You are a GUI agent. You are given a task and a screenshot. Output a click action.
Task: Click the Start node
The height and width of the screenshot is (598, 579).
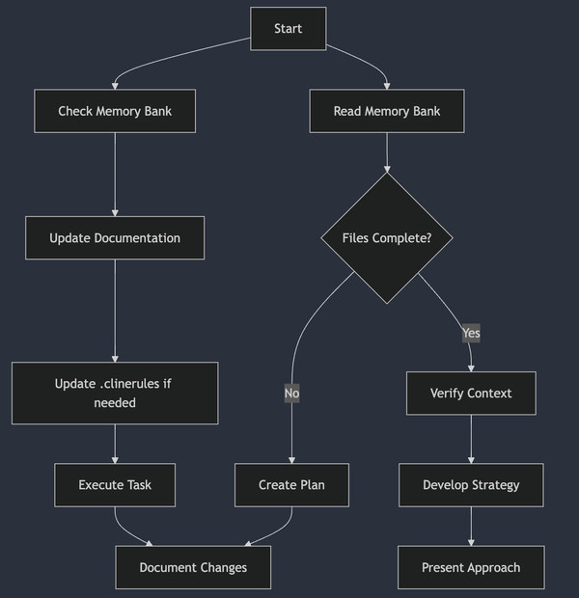point(288,28)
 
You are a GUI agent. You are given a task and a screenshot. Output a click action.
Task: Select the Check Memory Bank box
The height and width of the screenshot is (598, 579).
point(115,111)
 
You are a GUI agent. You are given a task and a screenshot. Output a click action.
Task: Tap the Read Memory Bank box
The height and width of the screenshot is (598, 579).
point(387,111)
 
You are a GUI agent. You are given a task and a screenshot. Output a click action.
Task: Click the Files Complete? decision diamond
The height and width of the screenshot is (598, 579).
point(387,238)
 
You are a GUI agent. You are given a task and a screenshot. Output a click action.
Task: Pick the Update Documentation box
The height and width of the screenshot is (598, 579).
point(115,237)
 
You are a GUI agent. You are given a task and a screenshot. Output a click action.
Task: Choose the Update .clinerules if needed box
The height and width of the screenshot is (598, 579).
point(115,393)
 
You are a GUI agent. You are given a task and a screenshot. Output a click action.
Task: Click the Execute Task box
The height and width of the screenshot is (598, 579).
point(115,485)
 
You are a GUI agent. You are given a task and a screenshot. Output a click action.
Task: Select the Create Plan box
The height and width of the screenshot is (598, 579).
point(291,485)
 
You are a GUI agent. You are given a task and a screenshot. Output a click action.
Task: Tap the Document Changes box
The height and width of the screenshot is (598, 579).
point(193,567)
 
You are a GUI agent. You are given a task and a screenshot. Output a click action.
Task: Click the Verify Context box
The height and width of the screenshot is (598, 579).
point(471,394)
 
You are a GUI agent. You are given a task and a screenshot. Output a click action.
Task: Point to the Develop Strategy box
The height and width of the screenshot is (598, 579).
point(471,485)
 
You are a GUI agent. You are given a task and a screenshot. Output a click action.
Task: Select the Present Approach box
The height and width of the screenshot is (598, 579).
point(471,567)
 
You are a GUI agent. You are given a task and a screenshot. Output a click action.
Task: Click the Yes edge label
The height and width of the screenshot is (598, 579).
point(471,333)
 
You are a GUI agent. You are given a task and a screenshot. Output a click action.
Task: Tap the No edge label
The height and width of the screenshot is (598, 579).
point(291,394)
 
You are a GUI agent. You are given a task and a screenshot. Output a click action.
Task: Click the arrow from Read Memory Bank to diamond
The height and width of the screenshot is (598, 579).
point(387,152)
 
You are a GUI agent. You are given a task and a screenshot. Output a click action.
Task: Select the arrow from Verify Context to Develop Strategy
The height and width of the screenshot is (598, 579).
point(471,440)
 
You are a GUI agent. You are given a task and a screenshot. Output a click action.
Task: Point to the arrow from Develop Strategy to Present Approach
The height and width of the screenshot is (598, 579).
point(471,527)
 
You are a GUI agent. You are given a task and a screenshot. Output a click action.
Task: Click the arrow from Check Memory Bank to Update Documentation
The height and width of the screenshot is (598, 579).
point(115,175)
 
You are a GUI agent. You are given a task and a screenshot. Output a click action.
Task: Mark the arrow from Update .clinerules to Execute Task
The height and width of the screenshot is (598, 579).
point(115,445)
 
